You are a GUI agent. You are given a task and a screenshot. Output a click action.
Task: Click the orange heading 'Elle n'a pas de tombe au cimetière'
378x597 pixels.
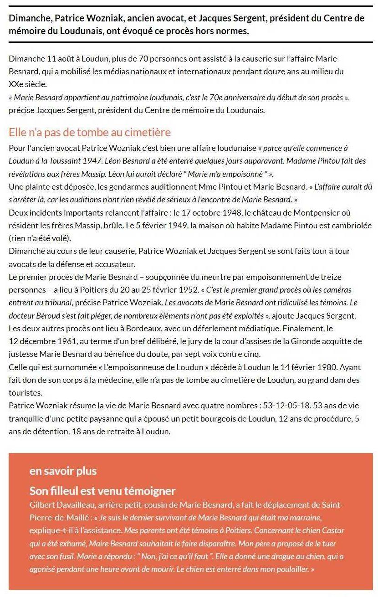click(90, 132)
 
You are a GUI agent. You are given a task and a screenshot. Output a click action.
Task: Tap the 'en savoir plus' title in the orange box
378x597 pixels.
click(63, 471)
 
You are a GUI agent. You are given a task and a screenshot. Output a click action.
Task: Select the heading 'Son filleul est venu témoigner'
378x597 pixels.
click(102, 491)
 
